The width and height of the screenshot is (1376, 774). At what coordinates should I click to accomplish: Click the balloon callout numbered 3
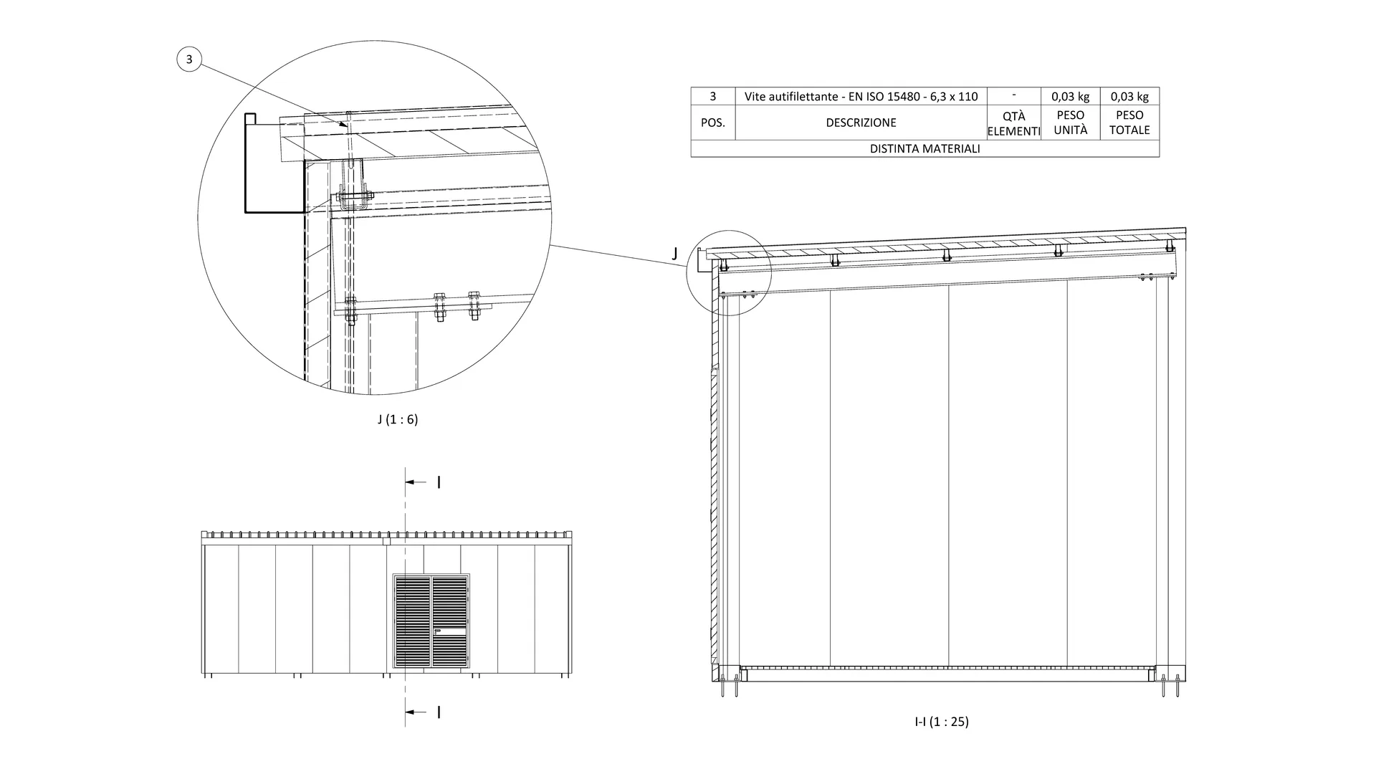pyautogui.click(x=189, y=59)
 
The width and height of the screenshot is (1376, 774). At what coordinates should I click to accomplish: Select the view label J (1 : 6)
pyautogui.click(x=398, y=419)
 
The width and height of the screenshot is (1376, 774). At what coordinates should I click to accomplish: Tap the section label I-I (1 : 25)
pyautogui.click(x=942, y=722)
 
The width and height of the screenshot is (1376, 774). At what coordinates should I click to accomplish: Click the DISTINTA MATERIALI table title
pyautogui.click(x=924, y=149)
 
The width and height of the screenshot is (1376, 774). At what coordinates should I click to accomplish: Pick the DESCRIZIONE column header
pyautogui.click(x=861, y=123)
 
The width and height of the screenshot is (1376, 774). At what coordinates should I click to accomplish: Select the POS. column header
pyautogui.click(x=712, y=123)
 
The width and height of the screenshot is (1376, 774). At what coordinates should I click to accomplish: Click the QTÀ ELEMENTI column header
pyautogui.click(x=1013, y=123)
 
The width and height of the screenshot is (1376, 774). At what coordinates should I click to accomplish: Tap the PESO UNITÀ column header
pyautogui.click(x=1071, y=123)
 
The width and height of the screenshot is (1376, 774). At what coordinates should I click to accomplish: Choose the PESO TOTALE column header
pyautogui.click(x=1129, y=123)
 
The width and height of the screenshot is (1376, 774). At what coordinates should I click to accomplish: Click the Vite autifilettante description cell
pyautogui.click(x=861, y=97)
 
